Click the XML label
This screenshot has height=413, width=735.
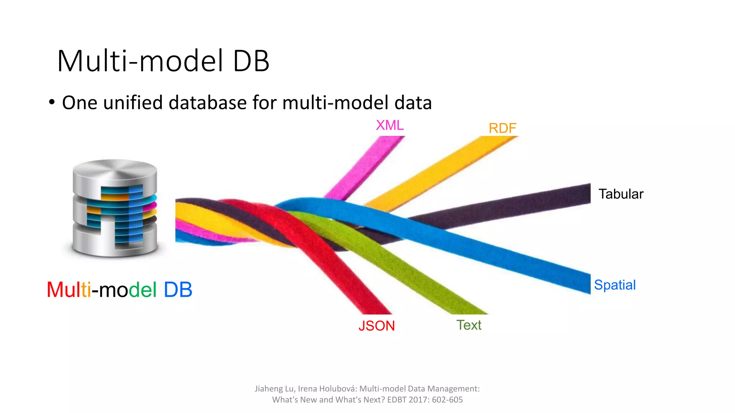click(389, 125)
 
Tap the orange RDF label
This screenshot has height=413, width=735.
click(502, 128)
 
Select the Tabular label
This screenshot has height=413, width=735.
click(621, 194)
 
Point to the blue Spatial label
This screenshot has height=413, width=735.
click(614, 285)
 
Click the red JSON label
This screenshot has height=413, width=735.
click(376, 326)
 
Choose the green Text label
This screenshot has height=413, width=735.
click(469, 325)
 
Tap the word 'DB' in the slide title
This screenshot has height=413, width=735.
click(251, 61)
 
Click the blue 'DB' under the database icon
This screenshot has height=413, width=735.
click(178, 290)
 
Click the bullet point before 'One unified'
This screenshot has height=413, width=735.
click(52, 102)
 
